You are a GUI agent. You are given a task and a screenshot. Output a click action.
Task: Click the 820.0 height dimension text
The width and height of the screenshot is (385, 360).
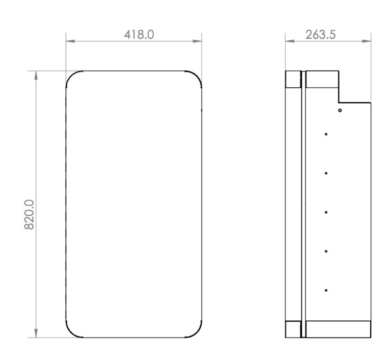click(x=29, y=215)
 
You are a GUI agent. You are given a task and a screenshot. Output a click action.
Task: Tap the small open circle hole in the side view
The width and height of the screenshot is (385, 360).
click(x=340, y=109)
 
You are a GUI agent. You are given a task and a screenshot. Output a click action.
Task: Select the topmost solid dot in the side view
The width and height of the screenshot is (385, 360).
click(x=325, y=135)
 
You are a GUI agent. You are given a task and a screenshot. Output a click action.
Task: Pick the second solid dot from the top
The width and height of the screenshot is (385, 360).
click(x=325, y=173)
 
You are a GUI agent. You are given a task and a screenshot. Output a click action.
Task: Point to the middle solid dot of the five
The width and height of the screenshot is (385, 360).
click(x=325, y=212)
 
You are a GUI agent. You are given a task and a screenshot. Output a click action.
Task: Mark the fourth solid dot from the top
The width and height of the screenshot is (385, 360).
click(x=325, y=251)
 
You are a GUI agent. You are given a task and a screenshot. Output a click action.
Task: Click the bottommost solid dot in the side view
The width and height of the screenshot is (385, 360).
click(x=325, y=290)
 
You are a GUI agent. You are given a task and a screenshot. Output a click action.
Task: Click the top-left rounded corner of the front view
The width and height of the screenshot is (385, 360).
click(x=71, y=76)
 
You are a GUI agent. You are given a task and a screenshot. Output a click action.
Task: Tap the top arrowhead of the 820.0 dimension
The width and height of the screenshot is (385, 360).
click(x=36, y=74)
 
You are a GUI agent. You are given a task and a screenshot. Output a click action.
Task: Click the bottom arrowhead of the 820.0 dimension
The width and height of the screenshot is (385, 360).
click(x=36, y=333)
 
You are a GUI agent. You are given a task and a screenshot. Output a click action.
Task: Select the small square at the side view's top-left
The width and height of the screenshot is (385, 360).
click(x=293, y=79)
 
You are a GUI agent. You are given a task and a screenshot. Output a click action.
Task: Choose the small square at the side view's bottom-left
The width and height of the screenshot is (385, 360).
click(x=293, y=329)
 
